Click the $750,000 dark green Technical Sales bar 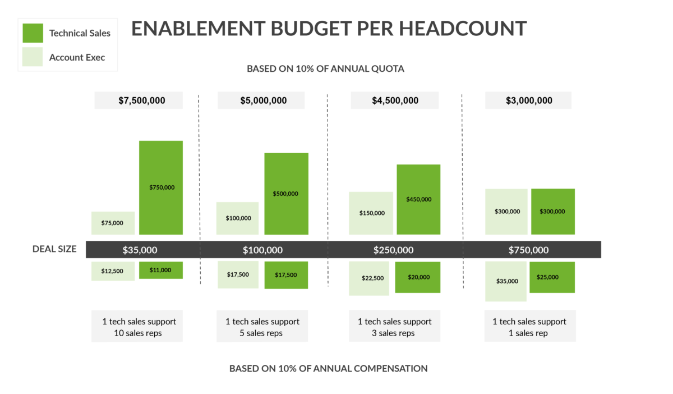pos(161,187)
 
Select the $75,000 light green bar pos(113,223)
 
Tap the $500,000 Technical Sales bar pos(286,193)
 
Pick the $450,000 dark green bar pos(418,199)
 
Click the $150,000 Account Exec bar pos(371,213)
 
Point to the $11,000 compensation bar pos(161,270)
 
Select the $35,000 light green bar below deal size pos(506,281)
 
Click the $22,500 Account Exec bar pos(369,278)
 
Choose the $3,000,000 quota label pos(528,100)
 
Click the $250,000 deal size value pos(393,250)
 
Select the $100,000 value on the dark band pos(262,250)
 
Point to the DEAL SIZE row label pos(54,249)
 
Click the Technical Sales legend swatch pos(33,33)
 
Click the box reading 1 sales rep pos(529,327)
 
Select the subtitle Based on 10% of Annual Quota pos(326,69)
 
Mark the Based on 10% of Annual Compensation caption pos(328,368)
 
